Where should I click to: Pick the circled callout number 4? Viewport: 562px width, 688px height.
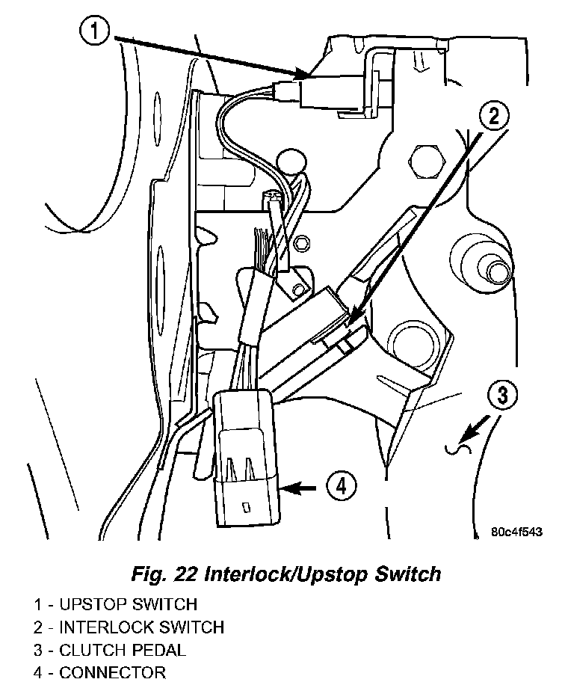click(341, 487)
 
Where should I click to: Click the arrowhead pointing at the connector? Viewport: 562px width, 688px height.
click(288, 488)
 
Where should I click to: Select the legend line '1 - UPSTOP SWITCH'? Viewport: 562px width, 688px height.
click(114, 604)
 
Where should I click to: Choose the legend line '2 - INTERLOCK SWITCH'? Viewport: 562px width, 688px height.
click(128, 627)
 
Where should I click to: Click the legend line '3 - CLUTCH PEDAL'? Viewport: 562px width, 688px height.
click(109, 650)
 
